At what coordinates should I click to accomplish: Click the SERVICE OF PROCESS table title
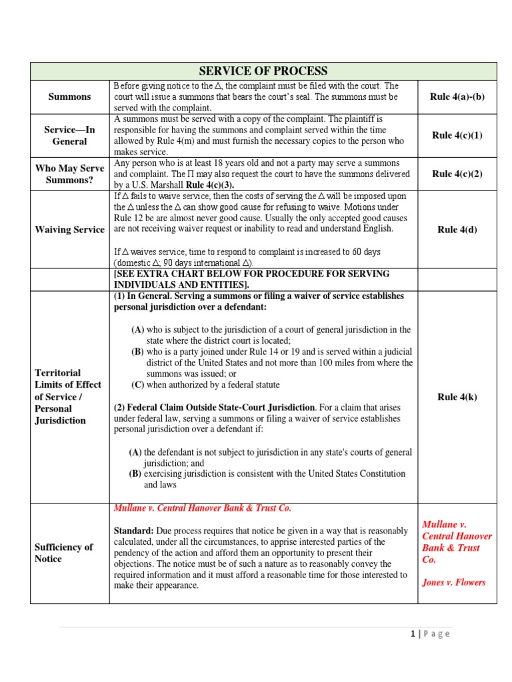[x=264, y=71]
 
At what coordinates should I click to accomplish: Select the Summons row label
[x=69, y=97]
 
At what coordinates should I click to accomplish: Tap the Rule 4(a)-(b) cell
[x=457, y=97]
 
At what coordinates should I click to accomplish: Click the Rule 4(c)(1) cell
[x=457, y=135]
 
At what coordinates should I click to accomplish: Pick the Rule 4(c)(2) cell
[x=457, y=174]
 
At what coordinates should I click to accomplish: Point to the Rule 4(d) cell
[x=457, y=230]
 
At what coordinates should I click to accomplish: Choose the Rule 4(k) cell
[x=457, y=397]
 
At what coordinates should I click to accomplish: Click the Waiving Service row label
[x=69, y=230]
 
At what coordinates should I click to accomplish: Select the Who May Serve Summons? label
[x=69, y=174]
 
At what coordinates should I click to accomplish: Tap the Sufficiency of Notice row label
[x=63, y=553]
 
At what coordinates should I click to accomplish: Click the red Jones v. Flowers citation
[x=454, y=582]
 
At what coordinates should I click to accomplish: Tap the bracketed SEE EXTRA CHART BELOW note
[x=252, y=279]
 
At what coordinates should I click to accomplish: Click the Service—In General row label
[x=69, y=135]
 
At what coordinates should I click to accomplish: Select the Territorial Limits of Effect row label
[x=67, y=397]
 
